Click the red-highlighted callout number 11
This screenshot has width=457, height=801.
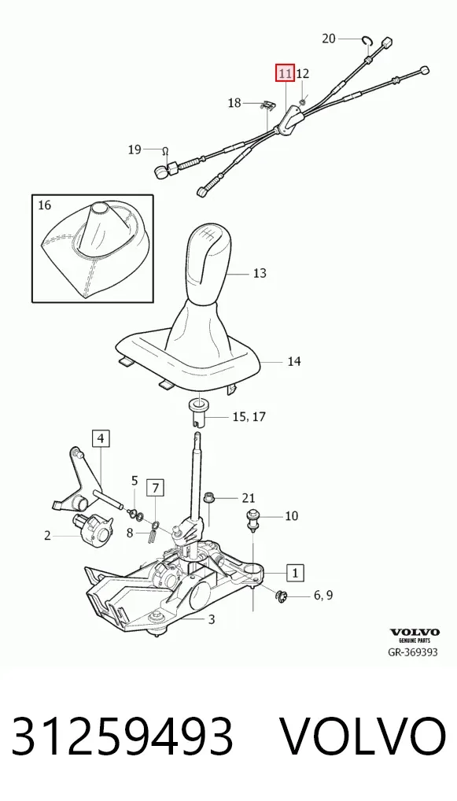285,73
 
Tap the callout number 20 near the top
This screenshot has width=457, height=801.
329,39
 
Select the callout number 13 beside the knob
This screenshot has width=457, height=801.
260,273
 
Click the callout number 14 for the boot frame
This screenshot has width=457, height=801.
293,362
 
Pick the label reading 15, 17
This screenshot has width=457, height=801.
249,417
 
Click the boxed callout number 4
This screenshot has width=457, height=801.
101,438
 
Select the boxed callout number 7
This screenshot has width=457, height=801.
156,489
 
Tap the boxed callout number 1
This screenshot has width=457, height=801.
295,572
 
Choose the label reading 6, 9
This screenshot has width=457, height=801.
323,595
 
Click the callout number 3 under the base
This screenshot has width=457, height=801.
212,620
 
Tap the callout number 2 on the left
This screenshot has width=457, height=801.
47,536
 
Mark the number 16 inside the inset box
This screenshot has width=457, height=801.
45,205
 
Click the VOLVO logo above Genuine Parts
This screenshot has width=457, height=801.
415,633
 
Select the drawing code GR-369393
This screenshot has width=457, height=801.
413,652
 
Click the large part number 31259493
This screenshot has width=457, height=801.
123,736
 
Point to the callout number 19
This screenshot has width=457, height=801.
135,149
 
